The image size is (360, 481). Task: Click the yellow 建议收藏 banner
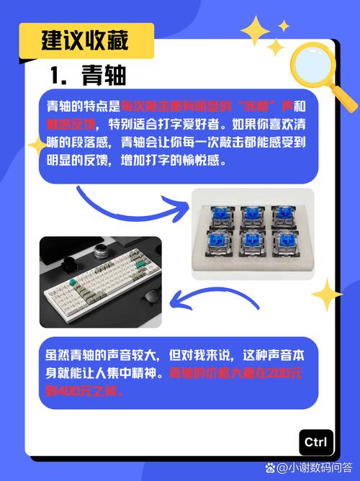(x=86, y=40)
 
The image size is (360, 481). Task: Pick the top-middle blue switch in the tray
(x=253, y=213)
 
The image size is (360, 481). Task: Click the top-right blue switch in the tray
(x=283, y=213)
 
